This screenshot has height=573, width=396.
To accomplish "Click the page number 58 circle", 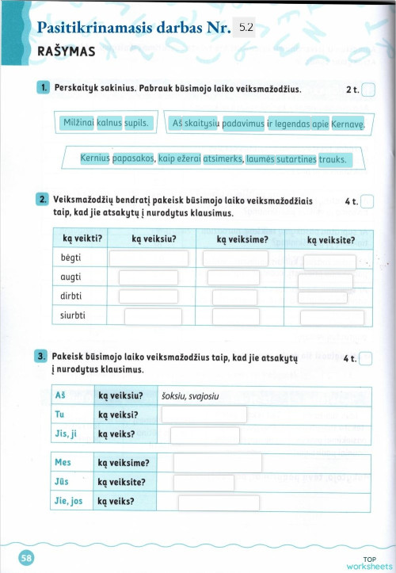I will (27, 558).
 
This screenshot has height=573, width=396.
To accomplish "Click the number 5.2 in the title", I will (245, 28).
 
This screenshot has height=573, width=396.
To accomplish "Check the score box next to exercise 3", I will (367, 359).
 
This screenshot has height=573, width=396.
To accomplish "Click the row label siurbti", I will (74, 316).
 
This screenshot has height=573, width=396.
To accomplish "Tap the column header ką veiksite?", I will (330, 239).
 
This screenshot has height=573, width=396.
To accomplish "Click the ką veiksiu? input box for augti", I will (148, 277).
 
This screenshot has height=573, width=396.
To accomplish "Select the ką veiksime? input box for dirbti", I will (234, 297).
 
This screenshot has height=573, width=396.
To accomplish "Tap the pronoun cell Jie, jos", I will (69, 501).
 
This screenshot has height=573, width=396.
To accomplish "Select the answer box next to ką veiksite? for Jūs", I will (210, 482).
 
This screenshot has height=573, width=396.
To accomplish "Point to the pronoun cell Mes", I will (63, 462).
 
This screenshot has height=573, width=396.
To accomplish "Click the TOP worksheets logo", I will (369, 563).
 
